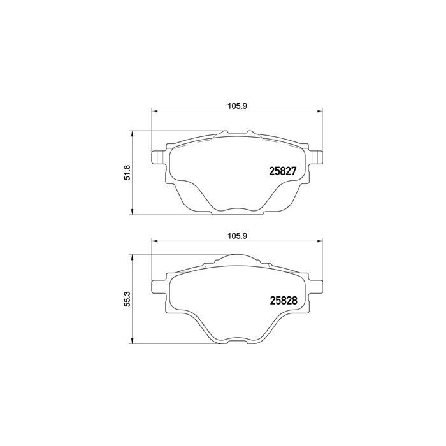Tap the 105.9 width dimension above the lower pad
pos(236,235)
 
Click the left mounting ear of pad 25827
pos(155,156)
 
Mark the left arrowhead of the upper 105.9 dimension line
pos(153,113)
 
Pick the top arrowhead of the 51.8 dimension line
pos(131,133)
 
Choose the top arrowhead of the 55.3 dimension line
pos(131,255)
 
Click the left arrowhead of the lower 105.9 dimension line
pos(153,241)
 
